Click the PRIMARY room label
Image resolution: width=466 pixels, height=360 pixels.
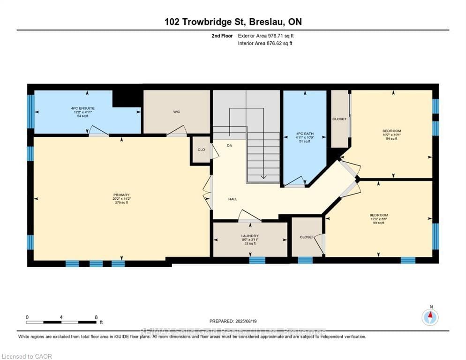(121, 195)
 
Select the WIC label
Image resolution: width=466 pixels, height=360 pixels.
(176, 112)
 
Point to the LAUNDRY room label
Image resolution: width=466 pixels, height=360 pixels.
(250, 236)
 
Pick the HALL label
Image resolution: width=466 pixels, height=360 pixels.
(233, 199)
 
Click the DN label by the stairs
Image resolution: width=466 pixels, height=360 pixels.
(230, 146)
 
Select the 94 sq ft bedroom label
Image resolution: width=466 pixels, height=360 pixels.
(391, 135)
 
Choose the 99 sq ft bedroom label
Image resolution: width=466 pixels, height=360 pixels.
(379, 219)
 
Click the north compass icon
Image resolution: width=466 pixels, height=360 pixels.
(430, 317)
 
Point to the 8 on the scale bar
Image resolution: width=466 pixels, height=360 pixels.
(96, 317)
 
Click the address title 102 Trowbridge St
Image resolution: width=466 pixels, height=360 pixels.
(233, 22)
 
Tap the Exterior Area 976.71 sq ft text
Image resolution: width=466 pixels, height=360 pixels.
(266, 36)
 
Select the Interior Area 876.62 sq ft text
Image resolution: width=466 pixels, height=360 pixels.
(266, 44)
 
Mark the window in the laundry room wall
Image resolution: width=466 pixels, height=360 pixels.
(257, 260)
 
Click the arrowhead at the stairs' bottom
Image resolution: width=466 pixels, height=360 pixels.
(263, 177)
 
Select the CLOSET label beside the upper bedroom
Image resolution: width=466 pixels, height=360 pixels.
(339, 119)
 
